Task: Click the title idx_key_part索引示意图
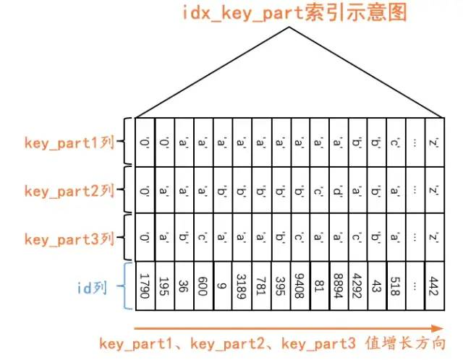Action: [x=289, y=12]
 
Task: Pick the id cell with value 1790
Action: [x=145, y=287]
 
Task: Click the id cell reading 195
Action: [x=164, y=287]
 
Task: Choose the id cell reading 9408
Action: [x=298, y=287]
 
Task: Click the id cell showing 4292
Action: [x=356, y=287]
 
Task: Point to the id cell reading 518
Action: [x=394, y=287]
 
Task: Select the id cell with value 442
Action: [x=433, y=287]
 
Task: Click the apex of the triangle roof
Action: [x=289, y=28]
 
